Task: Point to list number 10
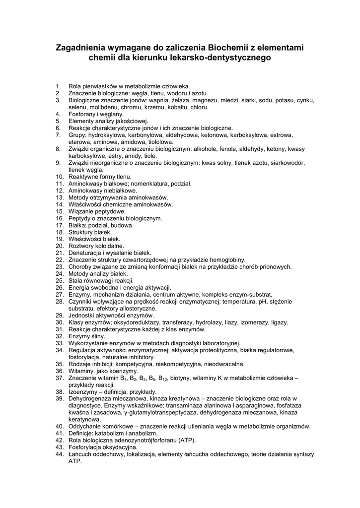[59, 177]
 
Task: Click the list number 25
[59, 280]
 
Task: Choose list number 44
[59, 454]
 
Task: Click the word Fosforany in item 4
[82, 114]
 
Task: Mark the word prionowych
[274, 266]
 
